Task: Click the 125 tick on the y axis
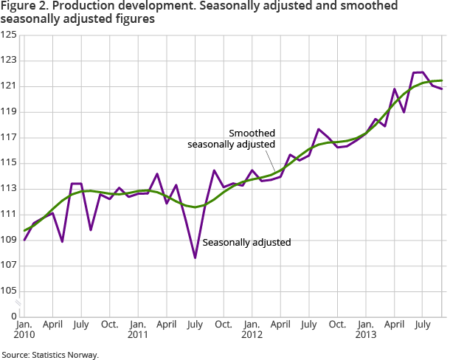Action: pyautogui.click(x=10, y=35)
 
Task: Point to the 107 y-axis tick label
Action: pyautogui.click(x=10, y=266)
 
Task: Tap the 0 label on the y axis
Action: pyautogui.click(x=14, y=316)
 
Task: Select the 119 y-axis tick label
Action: pyautogui.click(x=10, y=112)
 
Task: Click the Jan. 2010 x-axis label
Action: pyautogui.click(x=24, y=330)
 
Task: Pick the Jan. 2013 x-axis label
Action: pyautogui.click(x=366, y=330)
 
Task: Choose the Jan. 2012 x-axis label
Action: pyautogui.click(x=252, y=330)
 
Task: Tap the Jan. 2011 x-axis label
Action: pyautogui.click(x=138, y=330)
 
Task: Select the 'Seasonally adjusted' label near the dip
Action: pyautogui.click(x=246, y=242)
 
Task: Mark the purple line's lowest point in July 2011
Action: pyautogui.click(x=195, y=257)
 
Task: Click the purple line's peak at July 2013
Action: pyautogui.click(x=422, y=72)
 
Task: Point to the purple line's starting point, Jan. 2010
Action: pyautogui.click(x=24, y=240)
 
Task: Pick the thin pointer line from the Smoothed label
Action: pyautogui.click(x=272, y=162)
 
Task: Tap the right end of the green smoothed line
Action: pyautogui.click(x=442, y=80)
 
